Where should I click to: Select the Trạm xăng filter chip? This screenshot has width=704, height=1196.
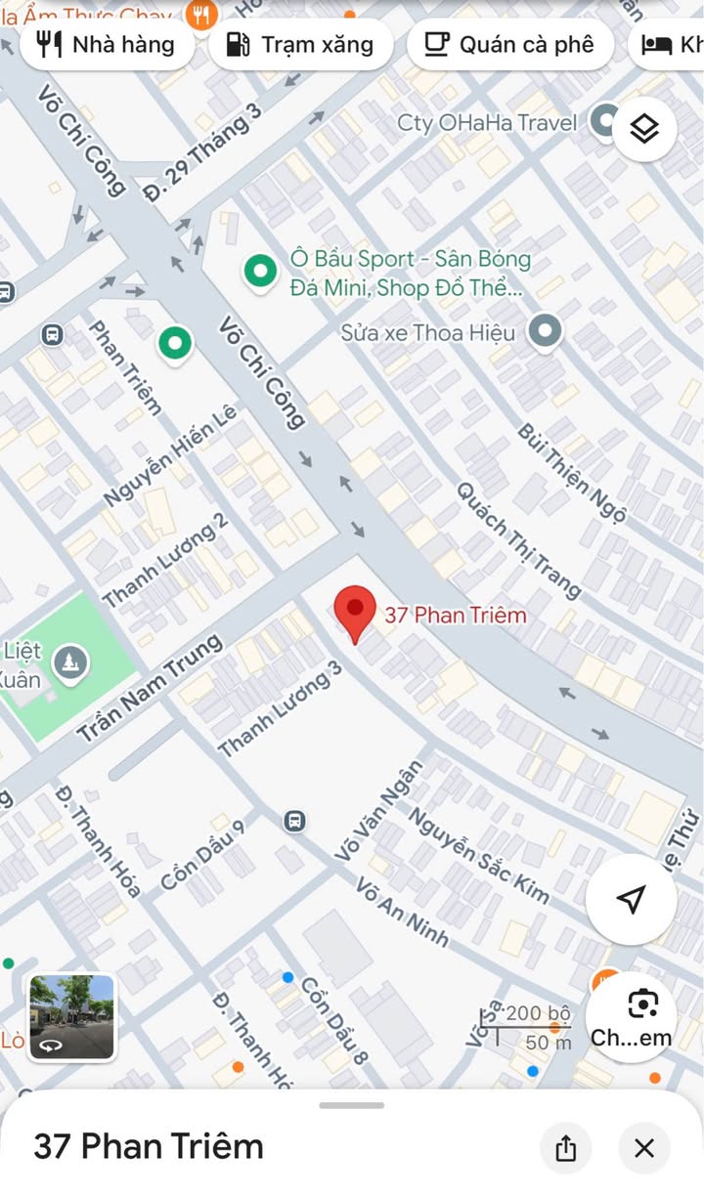point(301,44)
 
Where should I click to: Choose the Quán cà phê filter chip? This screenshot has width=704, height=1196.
point(509,44)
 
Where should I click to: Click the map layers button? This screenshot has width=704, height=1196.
point(644,128)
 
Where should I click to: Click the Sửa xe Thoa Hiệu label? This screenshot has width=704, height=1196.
point(428,333)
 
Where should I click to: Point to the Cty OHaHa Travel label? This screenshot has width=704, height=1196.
point(487,123)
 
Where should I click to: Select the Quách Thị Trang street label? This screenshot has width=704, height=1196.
point(519,539)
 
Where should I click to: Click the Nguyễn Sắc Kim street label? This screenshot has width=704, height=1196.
point(478,855)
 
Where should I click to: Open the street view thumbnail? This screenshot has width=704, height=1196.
point(71,1017)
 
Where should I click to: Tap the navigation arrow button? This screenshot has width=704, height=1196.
point(631,899)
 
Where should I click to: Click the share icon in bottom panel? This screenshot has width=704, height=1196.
point(566,1148)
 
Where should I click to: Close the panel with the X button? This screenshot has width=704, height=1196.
point(643,1148)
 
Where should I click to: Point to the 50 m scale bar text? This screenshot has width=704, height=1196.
point(549,1043)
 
